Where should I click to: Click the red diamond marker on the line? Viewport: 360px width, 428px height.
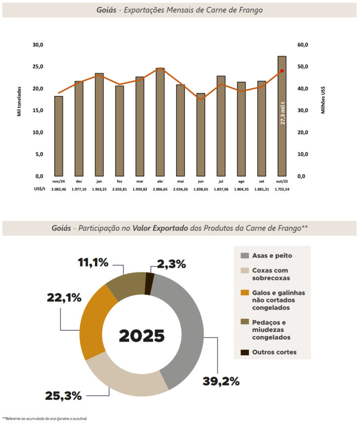pos(282,71)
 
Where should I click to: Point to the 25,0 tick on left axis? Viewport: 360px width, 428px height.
pos(38,67)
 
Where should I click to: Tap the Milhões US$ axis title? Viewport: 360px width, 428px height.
pos(323,101)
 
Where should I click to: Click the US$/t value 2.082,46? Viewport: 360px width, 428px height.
pos(58,189)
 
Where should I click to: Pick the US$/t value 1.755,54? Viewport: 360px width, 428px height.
pos(282,189)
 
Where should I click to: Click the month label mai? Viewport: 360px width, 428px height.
pos(180,182)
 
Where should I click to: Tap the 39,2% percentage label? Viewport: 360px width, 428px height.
pos(221,381)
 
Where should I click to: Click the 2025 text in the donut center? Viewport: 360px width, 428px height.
pos(142,336)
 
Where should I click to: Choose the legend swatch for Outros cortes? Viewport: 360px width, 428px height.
pos(244,352)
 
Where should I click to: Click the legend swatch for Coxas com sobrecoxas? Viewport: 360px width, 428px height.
pos(244,271)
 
